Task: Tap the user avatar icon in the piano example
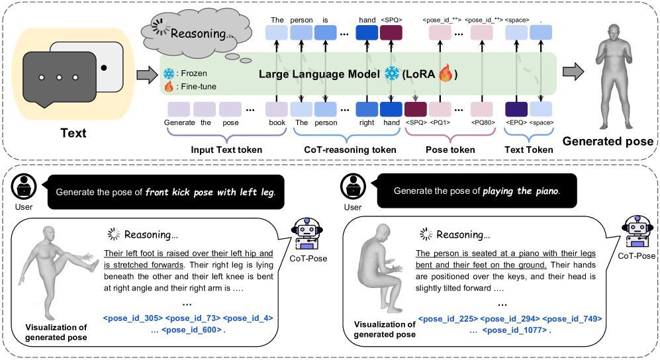click(x=354, y=187)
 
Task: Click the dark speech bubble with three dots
click(x=59, y=77)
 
